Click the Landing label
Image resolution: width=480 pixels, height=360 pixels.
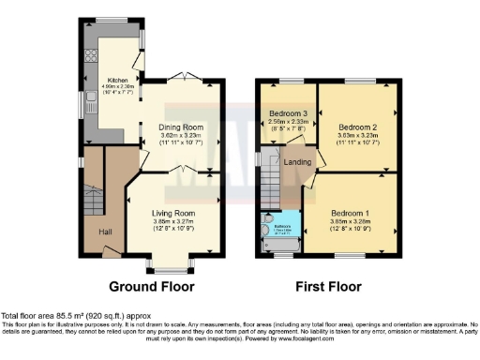(x=297, y=162)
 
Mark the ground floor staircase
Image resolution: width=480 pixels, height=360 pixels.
(x=94, y=199)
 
